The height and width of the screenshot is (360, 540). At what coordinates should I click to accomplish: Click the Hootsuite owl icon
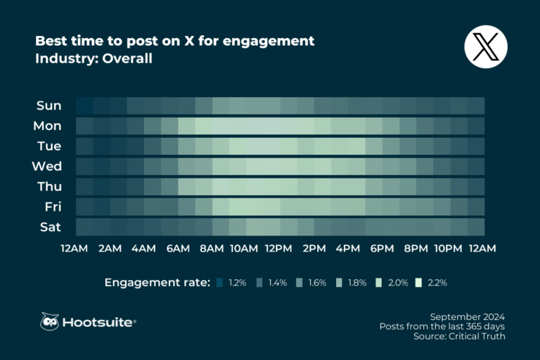click(49, 322)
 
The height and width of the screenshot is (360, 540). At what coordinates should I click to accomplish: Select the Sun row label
click(49, 106)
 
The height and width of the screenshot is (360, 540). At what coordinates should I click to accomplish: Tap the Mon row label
click(47, 127)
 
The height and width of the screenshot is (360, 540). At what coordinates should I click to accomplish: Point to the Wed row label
click(47, 167)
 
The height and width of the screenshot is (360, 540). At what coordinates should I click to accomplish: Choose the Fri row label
click(52, 207)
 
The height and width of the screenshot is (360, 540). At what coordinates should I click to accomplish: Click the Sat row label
click(51, 227)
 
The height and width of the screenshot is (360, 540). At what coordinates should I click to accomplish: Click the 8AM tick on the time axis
click(212, 248)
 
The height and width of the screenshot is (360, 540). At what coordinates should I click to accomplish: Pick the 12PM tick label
click(279, 248)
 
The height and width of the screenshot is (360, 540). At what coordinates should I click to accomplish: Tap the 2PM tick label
click(314, 248)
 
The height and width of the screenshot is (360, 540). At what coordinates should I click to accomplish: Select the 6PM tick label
click(382, 248)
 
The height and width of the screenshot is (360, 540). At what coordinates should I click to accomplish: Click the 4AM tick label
click(143, 248)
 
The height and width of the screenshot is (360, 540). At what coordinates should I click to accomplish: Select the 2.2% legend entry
click(429, 283)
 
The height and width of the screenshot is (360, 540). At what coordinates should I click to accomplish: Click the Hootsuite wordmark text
click(98, 322)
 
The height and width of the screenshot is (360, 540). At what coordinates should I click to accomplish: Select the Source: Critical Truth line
click(459, 337)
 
